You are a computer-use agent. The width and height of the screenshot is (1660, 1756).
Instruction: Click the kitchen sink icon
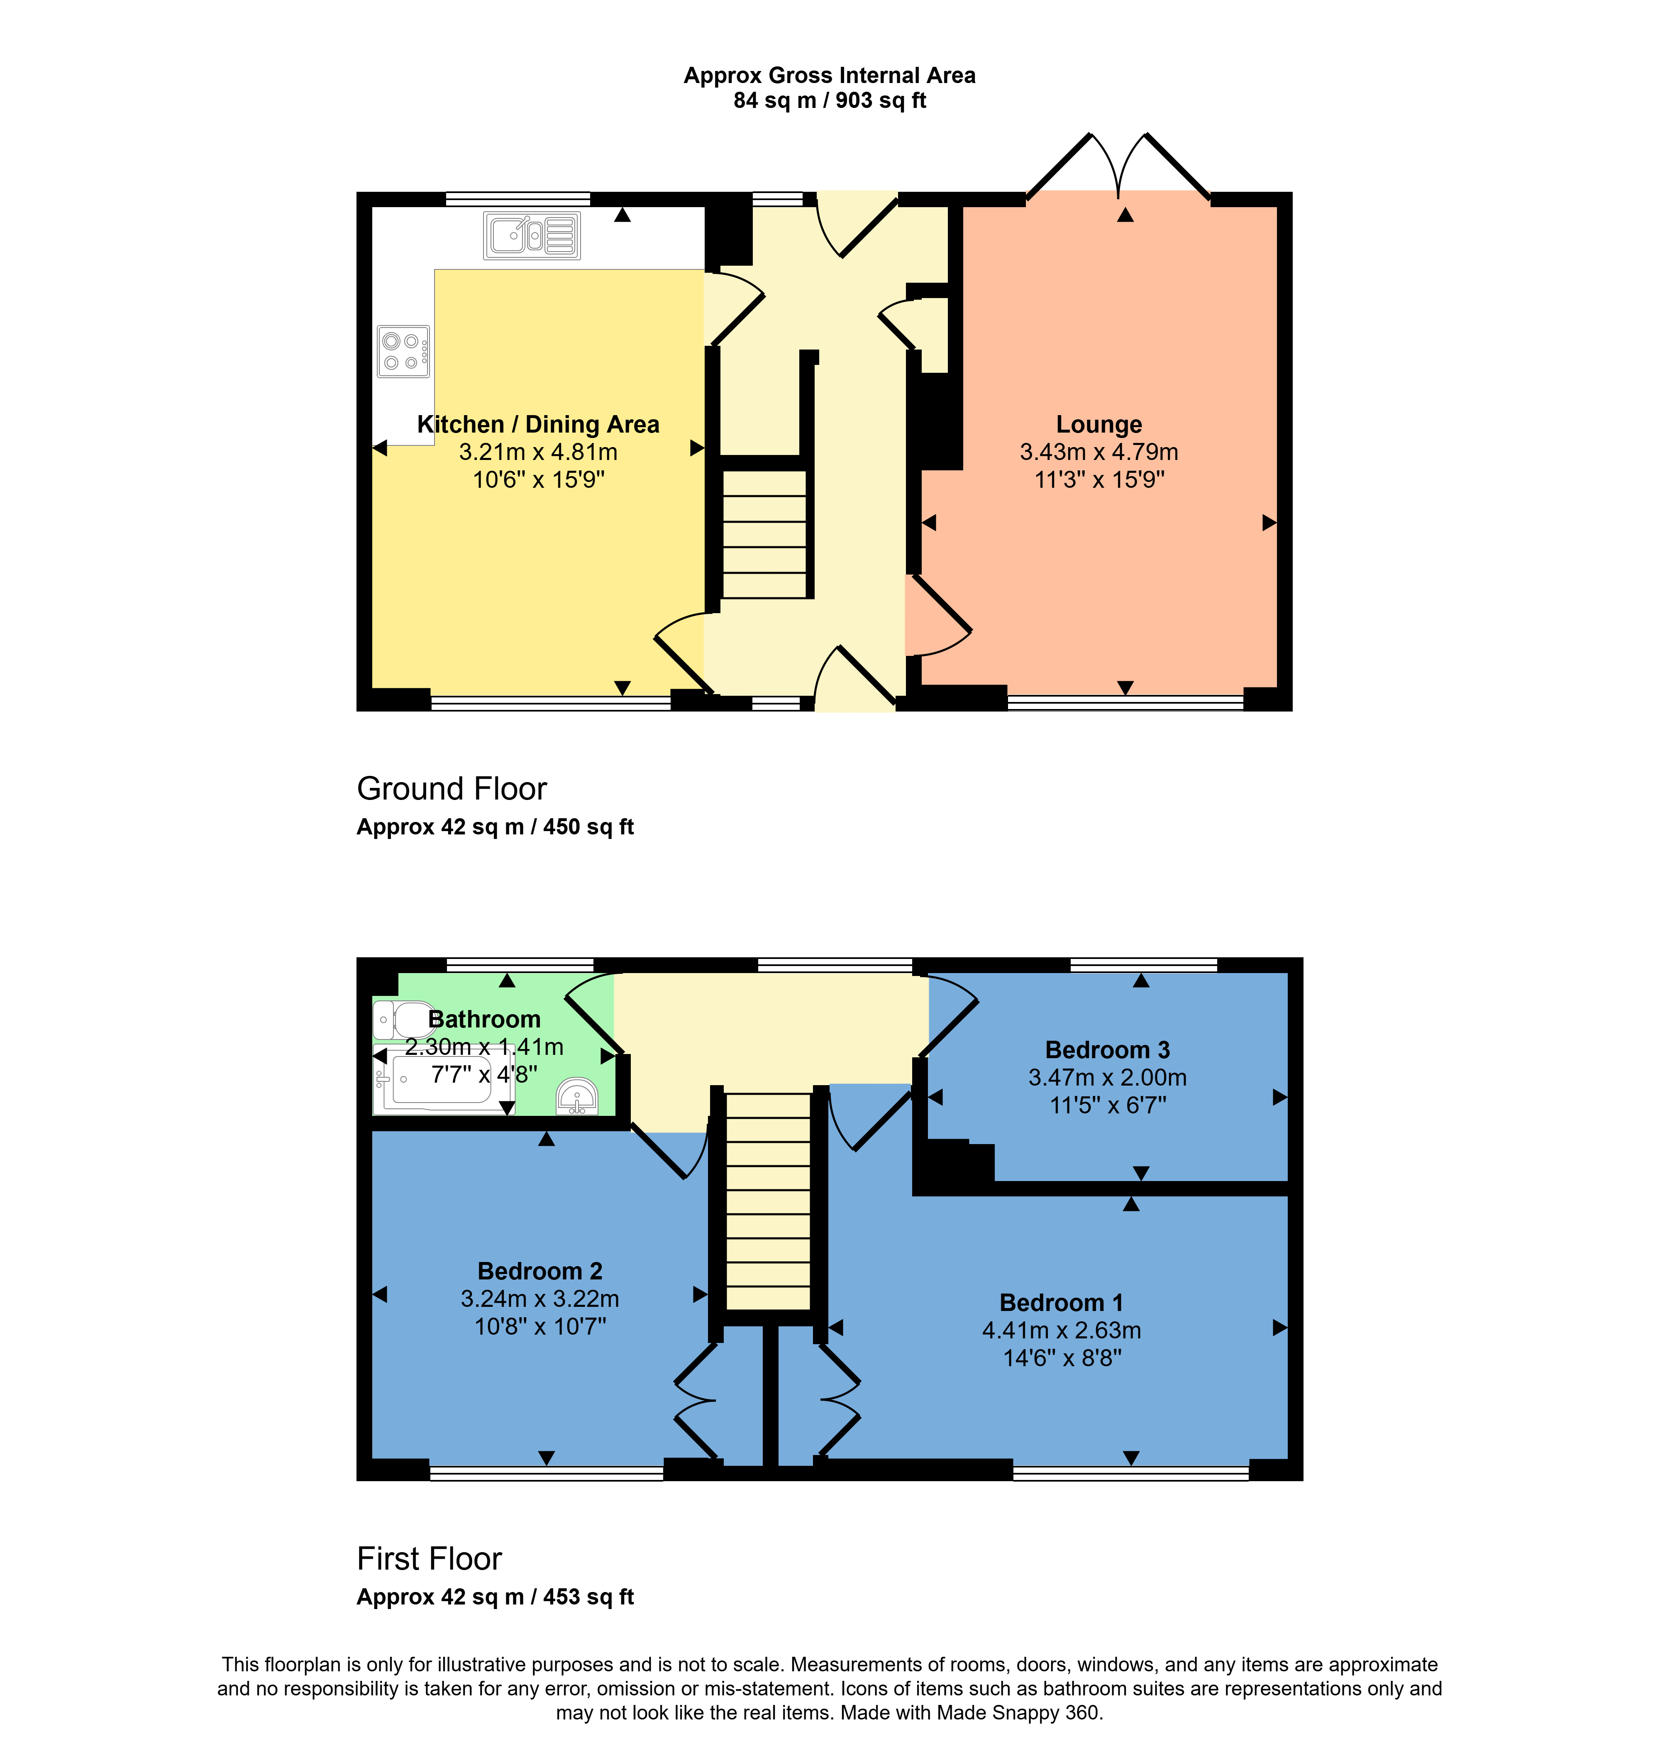(x=532, y=235)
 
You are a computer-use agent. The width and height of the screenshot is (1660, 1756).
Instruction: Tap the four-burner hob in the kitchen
(x=403, y=351)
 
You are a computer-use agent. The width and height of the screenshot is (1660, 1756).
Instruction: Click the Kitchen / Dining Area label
(x=538, y=425)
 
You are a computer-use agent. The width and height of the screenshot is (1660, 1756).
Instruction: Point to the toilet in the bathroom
(x=403, y=1020)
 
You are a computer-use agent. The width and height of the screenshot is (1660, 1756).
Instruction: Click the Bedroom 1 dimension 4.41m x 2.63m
(x=1061, y=1330)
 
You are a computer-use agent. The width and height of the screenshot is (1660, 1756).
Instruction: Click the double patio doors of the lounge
(x=1118, y=168)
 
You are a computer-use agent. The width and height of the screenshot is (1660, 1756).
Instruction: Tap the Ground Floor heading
(x=451, y=789)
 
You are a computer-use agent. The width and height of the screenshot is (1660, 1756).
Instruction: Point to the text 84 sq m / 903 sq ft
(x=829, y=101)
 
